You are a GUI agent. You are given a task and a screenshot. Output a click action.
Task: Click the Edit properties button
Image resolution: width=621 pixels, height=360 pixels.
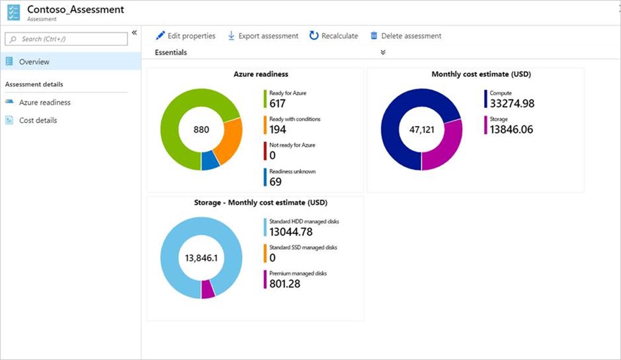[186, 36]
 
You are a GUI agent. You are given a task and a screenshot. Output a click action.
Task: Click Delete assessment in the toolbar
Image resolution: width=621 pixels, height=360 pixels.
[406, 36]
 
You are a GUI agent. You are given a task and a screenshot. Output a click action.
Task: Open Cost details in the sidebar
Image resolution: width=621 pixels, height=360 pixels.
[38, 120]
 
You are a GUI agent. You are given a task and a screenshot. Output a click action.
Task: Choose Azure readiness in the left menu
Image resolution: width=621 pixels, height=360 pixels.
[44, 102]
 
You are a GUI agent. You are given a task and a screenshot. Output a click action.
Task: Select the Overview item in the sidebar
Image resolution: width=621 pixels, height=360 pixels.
[34, 62]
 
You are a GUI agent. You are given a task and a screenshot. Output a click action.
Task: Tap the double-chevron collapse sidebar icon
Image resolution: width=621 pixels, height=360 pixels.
[134, 33]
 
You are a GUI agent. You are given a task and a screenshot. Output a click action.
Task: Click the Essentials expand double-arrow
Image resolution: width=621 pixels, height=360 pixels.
[383, 53]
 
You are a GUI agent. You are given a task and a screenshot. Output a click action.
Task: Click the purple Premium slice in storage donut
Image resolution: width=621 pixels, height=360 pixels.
[208, 288]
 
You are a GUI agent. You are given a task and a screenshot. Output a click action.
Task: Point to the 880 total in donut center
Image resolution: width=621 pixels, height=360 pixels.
[201, 130]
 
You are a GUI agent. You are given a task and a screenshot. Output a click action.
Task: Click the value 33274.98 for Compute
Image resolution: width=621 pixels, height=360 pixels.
[512, 104]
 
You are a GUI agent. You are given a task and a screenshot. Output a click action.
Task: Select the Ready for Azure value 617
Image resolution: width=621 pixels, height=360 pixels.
[277, 104]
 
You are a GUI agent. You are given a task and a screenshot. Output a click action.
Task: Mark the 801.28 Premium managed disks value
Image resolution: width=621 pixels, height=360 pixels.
[284, 284]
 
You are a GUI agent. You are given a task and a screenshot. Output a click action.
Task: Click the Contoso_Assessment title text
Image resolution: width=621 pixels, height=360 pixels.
[76, 10]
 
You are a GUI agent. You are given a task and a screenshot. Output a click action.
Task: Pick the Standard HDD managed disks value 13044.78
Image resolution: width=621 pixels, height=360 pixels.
[290, 232]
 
